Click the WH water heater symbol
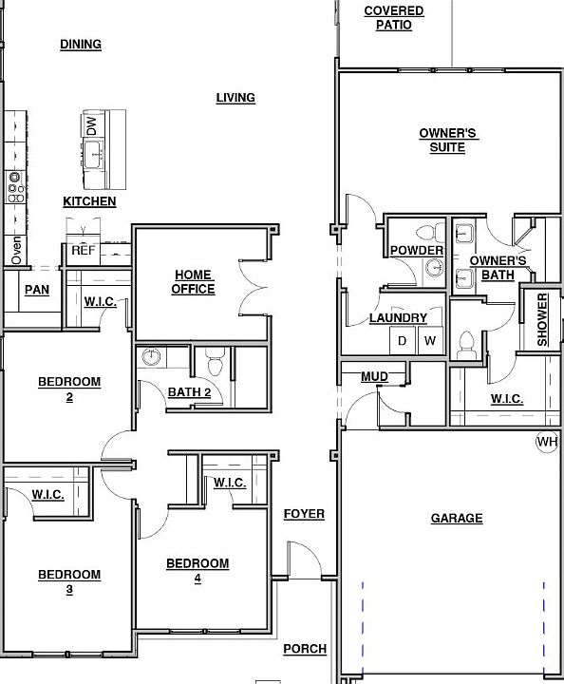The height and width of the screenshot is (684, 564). (x=547, y=442)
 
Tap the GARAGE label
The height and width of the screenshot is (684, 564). (x=457, y=519)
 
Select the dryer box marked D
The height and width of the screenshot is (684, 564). (x=402, y=341)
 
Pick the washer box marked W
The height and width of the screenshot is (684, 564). (x=430, y=341)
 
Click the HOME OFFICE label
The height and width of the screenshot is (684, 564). (x=193, y=282)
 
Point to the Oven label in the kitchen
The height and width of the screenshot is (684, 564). (x=16, y=251)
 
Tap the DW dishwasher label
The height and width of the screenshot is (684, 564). (x=91, y=126)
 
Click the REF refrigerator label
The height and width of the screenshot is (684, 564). (x=83, y=252)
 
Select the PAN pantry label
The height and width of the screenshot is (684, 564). (x=37, y=290)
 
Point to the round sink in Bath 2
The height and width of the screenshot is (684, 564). (x=152, y=358)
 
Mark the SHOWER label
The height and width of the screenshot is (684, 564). (x=543, y=320)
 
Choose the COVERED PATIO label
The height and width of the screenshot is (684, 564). (x=393, y=18)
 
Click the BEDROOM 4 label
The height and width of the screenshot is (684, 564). (x=197, y=570)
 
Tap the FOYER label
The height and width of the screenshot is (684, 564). (x=304, y=514)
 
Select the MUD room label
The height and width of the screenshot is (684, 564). (x=374, y=377)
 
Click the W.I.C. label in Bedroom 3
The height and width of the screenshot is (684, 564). (x=47, y=495)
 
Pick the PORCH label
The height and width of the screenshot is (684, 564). (x=305, y=649)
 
